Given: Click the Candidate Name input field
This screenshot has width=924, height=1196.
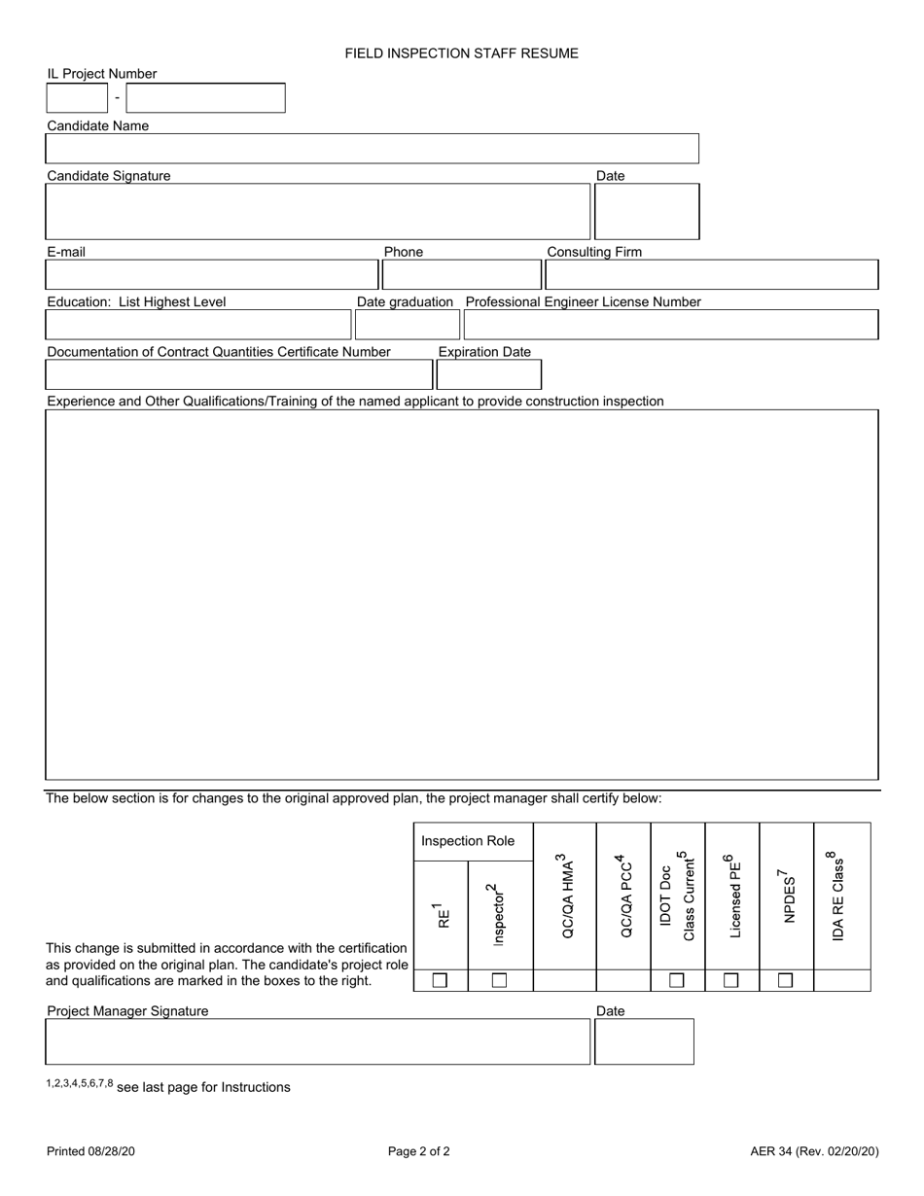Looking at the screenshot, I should coord(372,149).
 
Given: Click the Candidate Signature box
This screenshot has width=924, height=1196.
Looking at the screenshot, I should coord(317,212).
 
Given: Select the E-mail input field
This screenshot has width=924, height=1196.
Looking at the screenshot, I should coord(211,275).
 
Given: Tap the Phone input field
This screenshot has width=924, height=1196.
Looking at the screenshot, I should coord(461,275).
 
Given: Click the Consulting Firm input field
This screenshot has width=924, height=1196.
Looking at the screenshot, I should coord(711,275).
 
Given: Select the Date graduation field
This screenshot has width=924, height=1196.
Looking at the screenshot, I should coord(407,325).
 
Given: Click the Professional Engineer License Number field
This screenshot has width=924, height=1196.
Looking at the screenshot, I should coord(670,325).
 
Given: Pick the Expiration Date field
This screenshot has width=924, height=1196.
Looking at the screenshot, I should coord(488,374).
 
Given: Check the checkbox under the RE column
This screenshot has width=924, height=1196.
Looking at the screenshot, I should coord(440,981).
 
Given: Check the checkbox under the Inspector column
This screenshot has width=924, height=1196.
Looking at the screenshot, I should coord(499,981).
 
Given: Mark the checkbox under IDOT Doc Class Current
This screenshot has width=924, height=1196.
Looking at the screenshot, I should coord(677,981).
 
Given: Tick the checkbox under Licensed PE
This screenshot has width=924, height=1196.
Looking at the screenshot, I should coord(731,981).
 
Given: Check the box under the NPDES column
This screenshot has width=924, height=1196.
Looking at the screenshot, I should coord(786,981).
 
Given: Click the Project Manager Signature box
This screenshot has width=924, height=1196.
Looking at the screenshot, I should coord(317,1042).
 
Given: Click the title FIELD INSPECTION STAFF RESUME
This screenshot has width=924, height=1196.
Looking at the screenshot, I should coord(461,53).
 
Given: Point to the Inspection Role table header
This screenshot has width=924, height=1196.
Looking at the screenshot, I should coord(468,841).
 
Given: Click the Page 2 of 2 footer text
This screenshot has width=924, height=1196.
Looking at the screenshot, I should coord(418,1152).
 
